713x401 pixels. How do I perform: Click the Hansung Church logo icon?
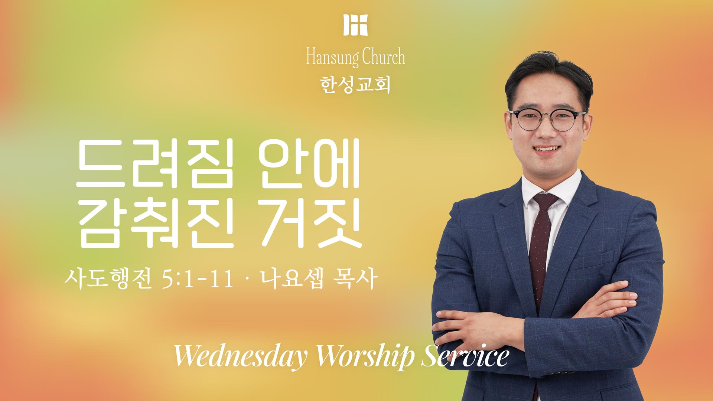point(355,25)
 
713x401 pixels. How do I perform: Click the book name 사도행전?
point(108,278)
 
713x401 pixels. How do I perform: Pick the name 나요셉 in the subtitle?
point(292,278)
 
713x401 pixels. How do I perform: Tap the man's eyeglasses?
point(548,120)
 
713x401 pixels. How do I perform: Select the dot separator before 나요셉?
point(247,279)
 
